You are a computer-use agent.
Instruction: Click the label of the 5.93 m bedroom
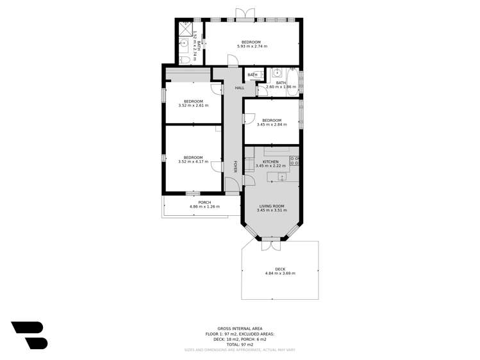click(251, 42)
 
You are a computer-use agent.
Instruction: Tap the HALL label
click(239, 88)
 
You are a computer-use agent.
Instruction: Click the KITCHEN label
click(270, 161)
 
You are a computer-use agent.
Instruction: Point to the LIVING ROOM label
click(271, 206)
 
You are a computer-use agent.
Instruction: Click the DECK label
click(280, 269)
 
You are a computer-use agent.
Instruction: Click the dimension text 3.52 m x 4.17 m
click(193, 162)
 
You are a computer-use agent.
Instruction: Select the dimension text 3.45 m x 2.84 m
click(272, 124)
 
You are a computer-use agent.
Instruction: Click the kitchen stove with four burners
click(295, 161)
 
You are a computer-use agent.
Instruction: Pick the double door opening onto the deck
click(271, 243)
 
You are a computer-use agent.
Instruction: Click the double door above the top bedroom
click(241, 14)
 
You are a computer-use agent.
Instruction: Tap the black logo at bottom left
click(29, 335)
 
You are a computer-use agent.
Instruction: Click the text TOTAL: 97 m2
click(240, 345)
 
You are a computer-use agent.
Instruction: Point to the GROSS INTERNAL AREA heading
click(240, 327)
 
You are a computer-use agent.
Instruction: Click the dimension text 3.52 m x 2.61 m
click(193, 106)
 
